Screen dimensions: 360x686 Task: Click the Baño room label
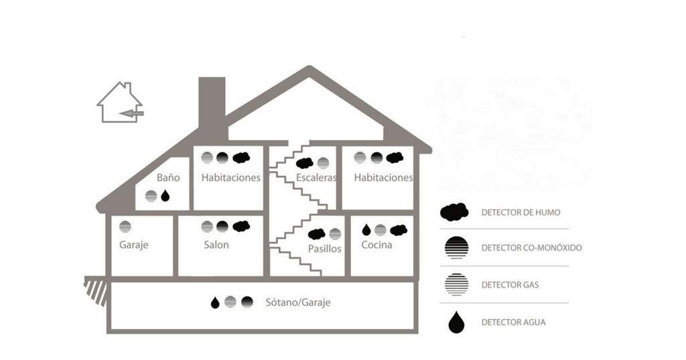(x=169, y=178)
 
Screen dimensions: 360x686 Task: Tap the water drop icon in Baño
(x=165, y=195)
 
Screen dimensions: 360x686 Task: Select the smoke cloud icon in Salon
(x=241, y=226)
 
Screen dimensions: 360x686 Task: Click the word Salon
(x=216, y=245)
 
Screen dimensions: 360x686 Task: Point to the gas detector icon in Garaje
(x=125, y=227)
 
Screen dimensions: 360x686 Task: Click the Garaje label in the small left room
(x=133, y=245)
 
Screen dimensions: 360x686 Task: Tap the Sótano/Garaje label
(x=297, y=302)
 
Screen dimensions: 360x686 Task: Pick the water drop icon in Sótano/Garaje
(x=215, y=302)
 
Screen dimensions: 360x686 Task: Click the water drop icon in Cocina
(x=366, y=230)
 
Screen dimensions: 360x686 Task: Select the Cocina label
(x=376, y=245)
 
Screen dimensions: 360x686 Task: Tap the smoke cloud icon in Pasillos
(x=316, y=234)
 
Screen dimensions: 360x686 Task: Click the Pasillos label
(x=326, y=249)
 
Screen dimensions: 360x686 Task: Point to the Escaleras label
(x=315, y=178)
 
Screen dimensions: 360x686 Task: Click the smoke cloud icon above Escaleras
(x=305, y=163)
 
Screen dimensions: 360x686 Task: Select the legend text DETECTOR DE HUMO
(x=521, y=213)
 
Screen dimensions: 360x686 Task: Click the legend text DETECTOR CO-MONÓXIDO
(x=531, y=248)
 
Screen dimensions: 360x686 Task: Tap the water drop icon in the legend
(x=456, y=322)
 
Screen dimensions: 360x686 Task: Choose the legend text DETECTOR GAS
(x=510, y=285)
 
